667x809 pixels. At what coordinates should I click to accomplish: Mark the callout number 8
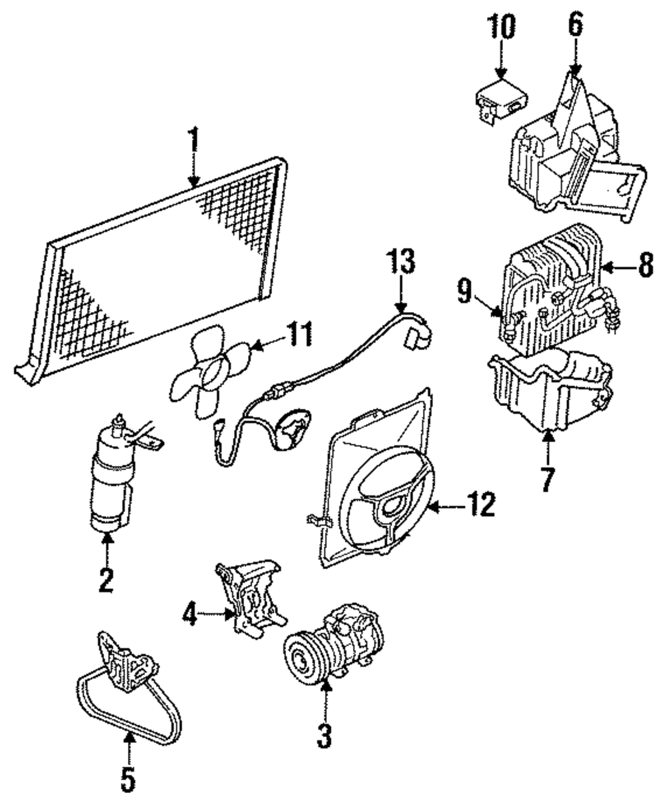(x=646, y=265)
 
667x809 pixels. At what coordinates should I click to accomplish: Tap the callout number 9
(x=465, y=291)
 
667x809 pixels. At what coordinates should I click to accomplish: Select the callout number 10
(x=502, y=27)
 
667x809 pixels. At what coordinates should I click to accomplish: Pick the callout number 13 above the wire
(x=401, y=261)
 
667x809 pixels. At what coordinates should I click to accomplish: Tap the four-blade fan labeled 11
(x=211, y=371)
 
